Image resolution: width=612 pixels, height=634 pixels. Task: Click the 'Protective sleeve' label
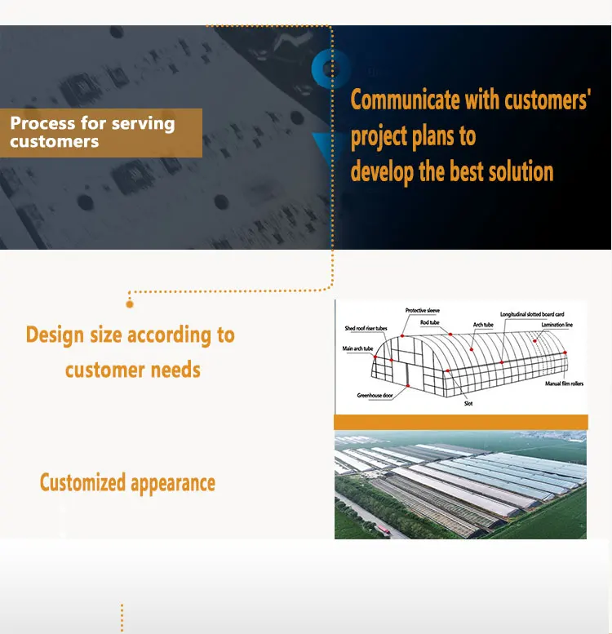423,311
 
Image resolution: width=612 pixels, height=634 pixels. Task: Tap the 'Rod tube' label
429,322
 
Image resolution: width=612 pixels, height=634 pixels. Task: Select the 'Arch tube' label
483,325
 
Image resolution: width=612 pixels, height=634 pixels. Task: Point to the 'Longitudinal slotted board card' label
532,314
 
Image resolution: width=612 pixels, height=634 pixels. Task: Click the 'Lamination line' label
557,325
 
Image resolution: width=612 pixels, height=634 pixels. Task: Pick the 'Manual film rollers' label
564,384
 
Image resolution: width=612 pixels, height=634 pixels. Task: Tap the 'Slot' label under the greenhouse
468,403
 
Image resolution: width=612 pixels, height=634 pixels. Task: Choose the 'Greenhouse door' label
375,395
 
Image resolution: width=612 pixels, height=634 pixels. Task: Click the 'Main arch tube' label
357,348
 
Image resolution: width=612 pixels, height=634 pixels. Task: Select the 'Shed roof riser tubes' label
366,328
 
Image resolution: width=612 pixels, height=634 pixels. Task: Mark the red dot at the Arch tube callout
472,349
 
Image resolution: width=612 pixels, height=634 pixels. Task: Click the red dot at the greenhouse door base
408,386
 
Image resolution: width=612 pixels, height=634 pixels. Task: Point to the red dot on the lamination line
534,341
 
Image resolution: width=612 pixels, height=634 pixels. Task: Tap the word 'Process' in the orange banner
42,123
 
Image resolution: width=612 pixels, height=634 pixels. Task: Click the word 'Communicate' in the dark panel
405,100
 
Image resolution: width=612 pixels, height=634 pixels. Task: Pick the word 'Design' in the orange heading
55,335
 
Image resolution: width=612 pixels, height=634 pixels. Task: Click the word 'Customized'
82,482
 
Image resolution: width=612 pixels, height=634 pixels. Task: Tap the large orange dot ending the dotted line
130,304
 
